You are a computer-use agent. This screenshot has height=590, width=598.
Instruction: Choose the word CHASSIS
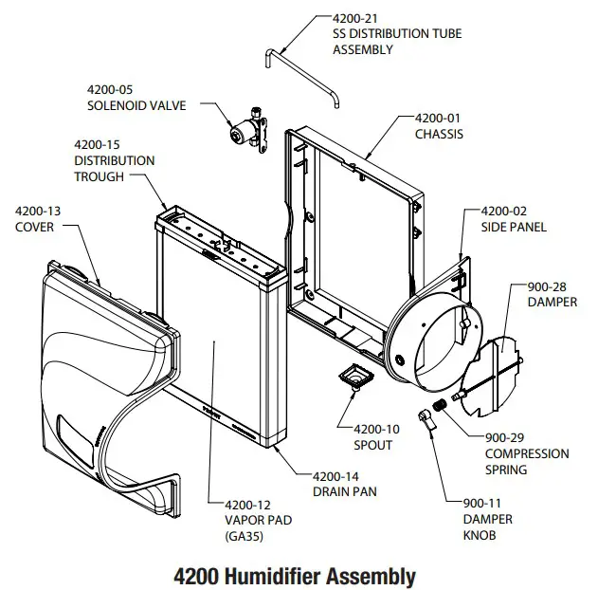[x=440, y=134]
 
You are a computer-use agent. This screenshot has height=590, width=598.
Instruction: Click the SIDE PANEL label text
[x=514, y=228]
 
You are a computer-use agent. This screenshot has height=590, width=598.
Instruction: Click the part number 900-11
[x=485, y=504]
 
